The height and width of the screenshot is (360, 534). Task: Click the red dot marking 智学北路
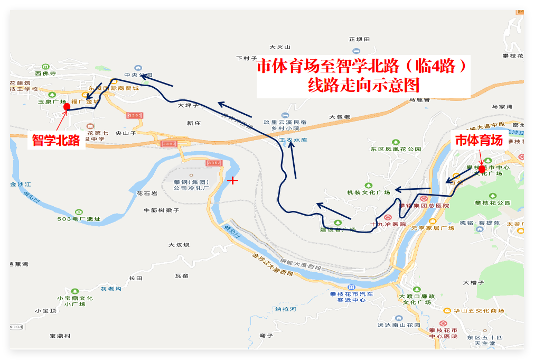click(x=67, y=107)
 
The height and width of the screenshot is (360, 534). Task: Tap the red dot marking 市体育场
click(x=482, y=169)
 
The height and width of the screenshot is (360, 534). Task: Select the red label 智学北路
click(x=56, y=140)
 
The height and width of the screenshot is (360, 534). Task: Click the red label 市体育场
click(x=479, y=140)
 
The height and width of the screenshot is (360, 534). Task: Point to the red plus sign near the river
click(x=232, y=180)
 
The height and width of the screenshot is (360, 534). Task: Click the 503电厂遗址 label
click(x=79, y=219)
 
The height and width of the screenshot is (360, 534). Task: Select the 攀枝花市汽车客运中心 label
click(x=351, y=297)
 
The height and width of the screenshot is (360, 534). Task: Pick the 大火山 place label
click(x=280, y=47)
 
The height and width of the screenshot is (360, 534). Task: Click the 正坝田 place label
click(x=360, y=39)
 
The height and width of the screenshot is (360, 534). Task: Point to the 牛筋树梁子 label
click(x=162, y=210)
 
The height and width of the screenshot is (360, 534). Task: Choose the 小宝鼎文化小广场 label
click(x=75, y=301)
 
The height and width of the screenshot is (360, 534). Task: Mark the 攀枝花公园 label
click(x=493, y=202)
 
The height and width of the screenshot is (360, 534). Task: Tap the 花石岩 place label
click(x=147, y=193)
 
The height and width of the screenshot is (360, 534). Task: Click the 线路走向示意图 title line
click(x=363, y=85)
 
